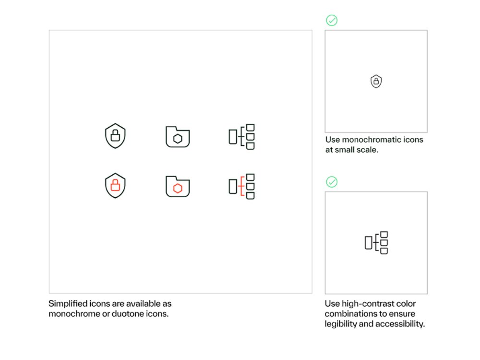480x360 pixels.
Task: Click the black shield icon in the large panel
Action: click(x=115, y=136)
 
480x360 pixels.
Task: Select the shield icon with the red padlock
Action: click(x=115, y=185)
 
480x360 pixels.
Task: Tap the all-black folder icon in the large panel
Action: click(x=178, y=137)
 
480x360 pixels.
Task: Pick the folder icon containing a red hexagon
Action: click(x=178, y=186)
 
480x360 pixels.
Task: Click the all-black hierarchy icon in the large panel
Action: click(x=241, y=137)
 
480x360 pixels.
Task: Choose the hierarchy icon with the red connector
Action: click(x=241, y=186)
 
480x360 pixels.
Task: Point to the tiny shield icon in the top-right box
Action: click(x=376, y=82)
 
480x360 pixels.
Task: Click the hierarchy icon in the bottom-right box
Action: click(x=376, y=243)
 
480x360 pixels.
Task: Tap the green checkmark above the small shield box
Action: click(x=332, y=20)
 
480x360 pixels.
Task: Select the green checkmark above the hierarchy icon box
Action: click(x=332, y=182)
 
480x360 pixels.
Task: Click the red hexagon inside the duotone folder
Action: click(x=178, y=189)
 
